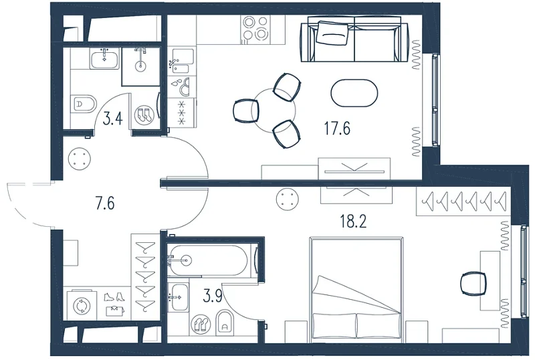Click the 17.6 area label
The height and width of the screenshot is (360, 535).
[337, 128]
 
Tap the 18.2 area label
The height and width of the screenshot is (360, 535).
[353, 221]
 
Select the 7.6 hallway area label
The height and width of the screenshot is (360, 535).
[105, 203]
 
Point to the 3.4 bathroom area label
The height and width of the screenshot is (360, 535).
[112, 119]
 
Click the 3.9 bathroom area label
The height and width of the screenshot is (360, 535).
[213, 296]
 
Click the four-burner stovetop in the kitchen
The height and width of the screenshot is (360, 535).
[255, 28]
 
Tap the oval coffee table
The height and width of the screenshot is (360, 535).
[354, 93]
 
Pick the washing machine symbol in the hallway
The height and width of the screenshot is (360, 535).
[82, 306]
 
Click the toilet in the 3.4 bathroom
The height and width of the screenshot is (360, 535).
[84, 104]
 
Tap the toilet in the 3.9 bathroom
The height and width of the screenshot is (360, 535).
[225, 322]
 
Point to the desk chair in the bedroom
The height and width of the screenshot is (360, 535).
[473, 283]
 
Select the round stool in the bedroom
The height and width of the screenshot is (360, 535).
[287, 199]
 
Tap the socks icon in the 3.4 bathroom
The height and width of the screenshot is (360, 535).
[144, 115]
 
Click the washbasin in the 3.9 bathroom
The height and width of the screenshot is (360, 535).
[178, 297]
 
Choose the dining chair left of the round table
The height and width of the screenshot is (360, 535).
[245, 110]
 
